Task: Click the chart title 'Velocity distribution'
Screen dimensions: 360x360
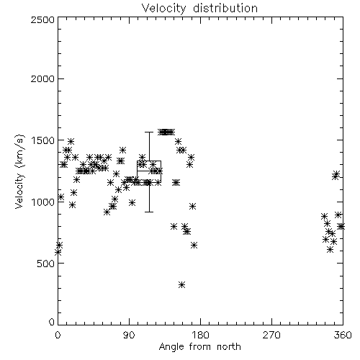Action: tap(199, 8)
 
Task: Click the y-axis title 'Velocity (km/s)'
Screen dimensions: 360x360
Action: tap(19, 171)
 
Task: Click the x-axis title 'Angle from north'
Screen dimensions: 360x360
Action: tap(199, 346)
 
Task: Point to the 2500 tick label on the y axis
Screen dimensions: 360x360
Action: tap(42, 19)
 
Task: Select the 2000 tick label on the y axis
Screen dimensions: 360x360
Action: tap(42, 78)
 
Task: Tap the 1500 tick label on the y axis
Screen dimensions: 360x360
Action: tap(42, 140)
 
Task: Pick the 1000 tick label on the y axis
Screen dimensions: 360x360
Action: tap(42, 202)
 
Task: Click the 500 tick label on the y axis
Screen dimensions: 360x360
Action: tap(45, 264)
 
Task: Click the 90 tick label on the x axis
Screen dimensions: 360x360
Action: tap(129, 335)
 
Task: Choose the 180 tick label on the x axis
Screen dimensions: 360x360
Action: tap(200, 335)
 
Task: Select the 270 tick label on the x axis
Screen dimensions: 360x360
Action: tap(271, 335)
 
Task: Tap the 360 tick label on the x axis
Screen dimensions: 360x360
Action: tap(343, 335)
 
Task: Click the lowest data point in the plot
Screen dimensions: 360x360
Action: tap(182, 285)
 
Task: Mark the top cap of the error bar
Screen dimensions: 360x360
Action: tap(149, 132)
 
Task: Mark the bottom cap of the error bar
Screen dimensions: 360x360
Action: tap(149, 212)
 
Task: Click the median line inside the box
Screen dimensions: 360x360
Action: tap(149, 171)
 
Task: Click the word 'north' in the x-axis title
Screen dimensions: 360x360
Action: tap(229, 346)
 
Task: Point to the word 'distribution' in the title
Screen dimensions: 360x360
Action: tap(225, 8)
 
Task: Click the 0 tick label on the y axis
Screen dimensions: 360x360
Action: tap(52, 322)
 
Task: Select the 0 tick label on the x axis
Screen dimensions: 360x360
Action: tap(58, 335)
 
